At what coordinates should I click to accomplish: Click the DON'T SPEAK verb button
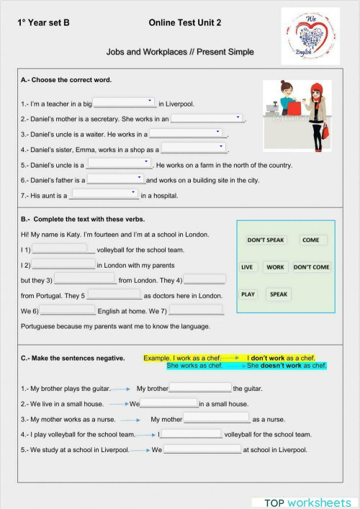click(x=266, y=240)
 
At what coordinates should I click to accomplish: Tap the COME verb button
click(x=311, y=240)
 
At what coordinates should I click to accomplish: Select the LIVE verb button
click(x=247, y=267)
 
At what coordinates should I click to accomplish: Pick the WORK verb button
click(x=275, y=267)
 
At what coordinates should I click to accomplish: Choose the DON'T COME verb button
click(x=311, y=267)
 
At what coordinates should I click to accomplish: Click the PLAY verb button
click(x=248, y=294)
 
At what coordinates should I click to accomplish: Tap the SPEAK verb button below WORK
click(x=279, y=294)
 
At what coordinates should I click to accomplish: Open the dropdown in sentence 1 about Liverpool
click(x=125, y=103)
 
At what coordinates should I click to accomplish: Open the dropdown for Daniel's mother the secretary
click(x=207, y=118)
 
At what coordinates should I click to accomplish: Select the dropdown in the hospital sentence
click(x=104, y=194)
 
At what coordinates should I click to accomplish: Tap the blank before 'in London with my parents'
click(x=63, y=265)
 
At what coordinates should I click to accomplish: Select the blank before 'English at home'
click(x=65, y=310)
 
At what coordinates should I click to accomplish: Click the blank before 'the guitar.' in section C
click(x=199, y=388)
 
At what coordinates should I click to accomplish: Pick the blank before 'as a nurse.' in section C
click(x=216, y=418)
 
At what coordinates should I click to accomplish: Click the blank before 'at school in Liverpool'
click(x=202, y=449)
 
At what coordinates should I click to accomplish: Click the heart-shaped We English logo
click(x=309, y=35)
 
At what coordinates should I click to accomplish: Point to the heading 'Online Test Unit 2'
click(x=185, y=23)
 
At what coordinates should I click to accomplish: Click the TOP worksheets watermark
click(x=307, y=502)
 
